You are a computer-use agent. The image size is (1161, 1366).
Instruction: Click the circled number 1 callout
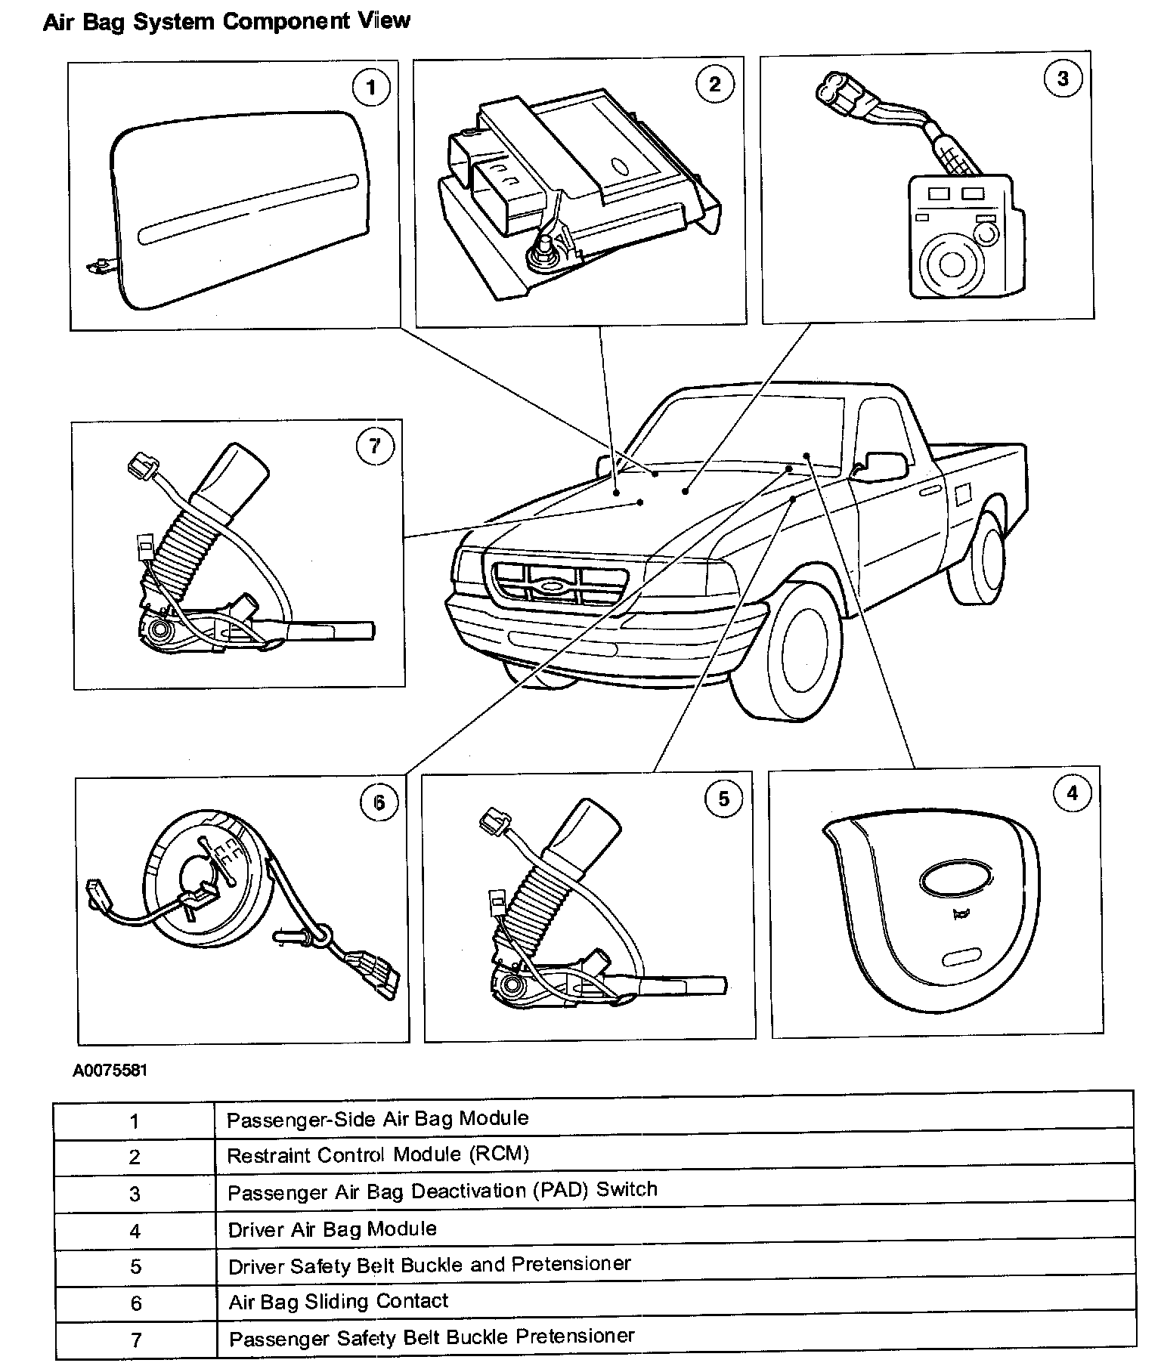click(x=370, y=88)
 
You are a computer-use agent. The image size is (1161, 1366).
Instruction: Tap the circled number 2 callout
click(x=714, y=84)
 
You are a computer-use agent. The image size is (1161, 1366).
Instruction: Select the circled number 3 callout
click(x=1063, y=78)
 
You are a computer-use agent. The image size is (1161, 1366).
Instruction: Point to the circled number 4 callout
click(x=1071, y=793)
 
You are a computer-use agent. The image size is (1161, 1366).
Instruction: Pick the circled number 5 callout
click(x=723, y=799)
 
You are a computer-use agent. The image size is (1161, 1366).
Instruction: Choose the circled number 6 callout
click(x=379, y=802)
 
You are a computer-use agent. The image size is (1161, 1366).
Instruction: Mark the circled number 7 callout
click(x=375, y=447)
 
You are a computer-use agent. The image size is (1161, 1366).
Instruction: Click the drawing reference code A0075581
click(x=110, y=1071)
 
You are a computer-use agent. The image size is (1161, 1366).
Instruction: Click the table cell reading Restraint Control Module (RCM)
click(x=378, y=1154)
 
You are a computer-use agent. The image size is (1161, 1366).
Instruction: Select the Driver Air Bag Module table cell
click(x=333, y=1228)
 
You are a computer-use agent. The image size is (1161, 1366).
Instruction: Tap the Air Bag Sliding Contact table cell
click(x=339, y=1301)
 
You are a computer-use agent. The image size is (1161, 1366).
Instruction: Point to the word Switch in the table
click(x=627, y=1189)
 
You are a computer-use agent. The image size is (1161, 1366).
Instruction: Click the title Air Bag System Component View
click(x=227, y=21)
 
